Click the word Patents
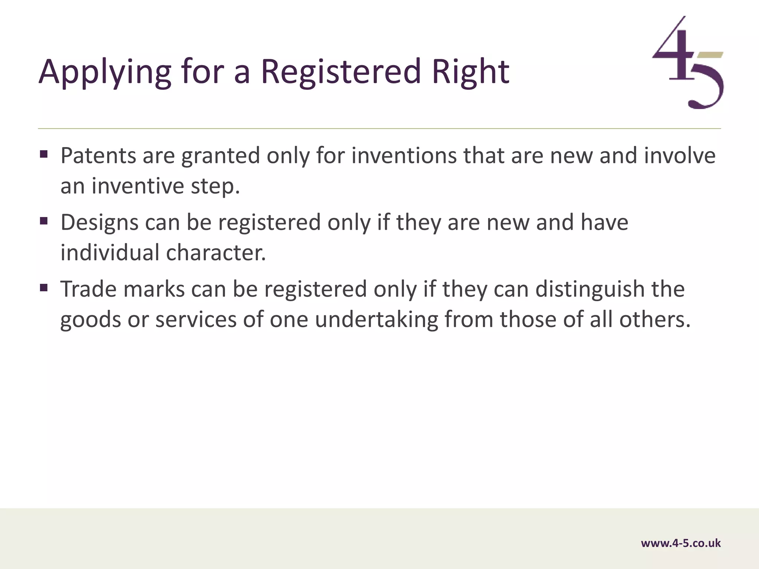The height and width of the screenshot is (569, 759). coord(98,156)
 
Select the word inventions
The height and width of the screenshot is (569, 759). coord(404,156)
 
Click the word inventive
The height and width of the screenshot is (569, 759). coord(137,186)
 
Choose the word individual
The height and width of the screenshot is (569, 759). coord(110,253)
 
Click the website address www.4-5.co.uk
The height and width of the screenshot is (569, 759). coord(681,543)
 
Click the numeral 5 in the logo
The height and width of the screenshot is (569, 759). coord(706,87)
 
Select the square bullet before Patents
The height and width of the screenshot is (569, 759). coord(44,154)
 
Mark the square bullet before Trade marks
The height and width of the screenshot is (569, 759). coord(44,287)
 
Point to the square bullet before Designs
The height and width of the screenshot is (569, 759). coord(44,221)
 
